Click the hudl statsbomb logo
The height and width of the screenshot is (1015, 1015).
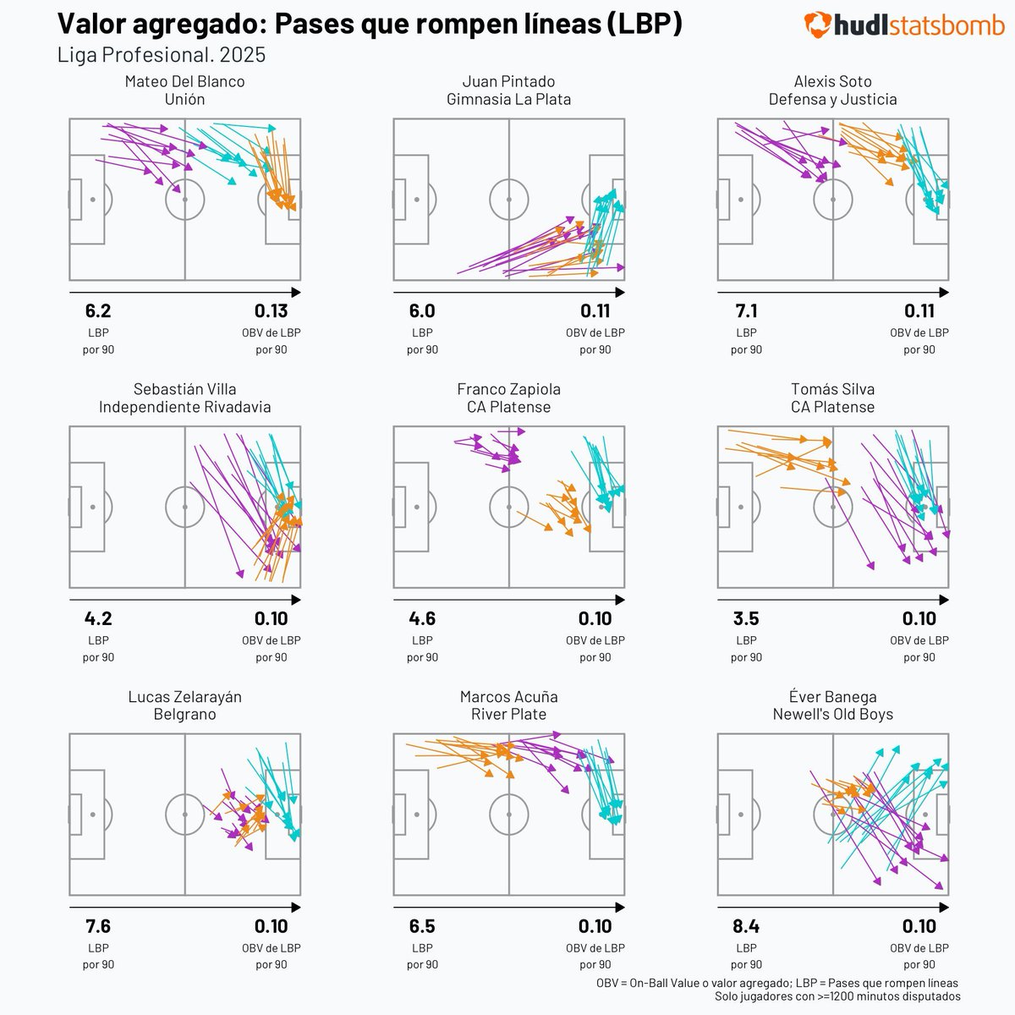(903, 25)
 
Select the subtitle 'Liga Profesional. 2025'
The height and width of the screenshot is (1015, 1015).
(162, 55)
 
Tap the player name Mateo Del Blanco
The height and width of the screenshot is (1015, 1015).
(184, 82)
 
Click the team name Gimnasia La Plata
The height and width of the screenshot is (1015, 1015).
(508, 99)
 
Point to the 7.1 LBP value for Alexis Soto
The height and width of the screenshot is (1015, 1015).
(747, 311)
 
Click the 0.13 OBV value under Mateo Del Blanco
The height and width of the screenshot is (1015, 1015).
(271, 311)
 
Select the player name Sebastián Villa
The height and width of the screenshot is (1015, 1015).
(184, 390)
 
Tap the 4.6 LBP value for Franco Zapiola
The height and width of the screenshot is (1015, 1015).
(422, 619)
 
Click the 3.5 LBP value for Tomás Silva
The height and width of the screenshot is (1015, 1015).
(747, 619)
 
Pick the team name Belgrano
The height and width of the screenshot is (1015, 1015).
(184, 715)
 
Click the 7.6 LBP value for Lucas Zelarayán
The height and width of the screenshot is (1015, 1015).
(98, 926)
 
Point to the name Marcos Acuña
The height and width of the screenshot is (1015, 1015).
(508, 697)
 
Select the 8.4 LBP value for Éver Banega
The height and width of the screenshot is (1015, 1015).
(747, 926)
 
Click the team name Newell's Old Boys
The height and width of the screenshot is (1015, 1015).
(832, 715)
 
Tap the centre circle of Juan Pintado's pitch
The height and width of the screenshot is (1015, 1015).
(508, 200)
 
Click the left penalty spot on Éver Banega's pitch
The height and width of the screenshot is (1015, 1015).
(741, 815)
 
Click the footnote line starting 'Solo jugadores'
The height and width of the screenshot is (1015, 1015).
(837, 997)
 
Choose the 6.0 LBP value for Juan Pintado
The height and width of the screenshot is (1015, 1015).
(422, 311)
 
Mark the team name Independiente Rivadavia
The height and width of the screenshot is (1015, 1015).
(184, 407)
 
